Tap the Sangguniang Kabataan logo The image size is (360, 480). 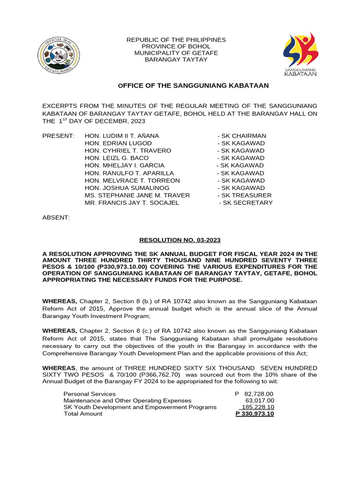300,55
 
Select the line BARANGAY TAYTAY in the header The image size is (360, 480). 176,60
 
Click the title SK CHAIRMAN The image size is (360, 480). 242,136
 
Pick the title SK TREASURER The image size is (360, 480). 244,195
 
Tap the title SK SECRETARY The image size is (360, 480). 246,203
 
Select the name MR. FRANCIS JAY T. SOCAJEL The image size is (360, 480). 132,203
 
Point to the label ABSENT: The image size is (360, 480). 56,218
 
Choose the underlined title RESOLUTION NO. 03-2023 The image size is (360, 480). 180,240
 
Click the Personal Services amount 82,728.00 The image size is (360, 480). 259,394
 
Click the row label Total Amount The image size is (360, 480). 83,414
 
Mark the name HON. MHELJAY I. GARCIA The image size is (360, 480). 125,165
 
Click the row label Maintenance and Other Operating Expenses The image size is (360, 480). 127,401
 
